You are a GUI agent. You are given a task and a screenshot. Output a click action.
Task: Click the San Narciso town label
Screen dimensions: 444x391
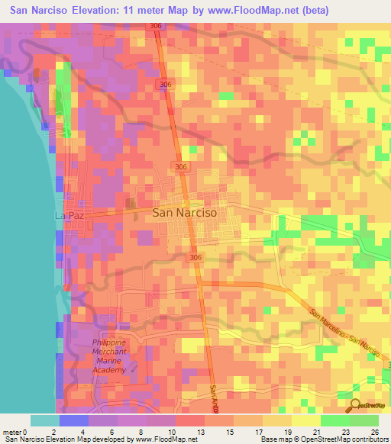point(185,214)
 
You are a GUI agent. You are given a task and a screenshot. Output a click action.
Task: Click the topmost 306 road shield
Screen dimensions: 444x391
point(156,26)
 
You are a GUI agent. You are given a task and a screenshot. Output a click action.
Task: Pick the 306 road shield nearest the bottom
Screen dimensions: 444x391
point(195,259)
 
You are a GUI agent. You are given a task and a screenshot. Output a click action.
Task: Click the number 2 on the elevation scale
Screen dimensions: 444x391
point(53,431)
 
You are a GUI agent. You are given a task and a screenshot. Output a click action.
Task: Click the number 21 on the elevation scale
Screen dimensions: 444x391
point(317,431)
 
